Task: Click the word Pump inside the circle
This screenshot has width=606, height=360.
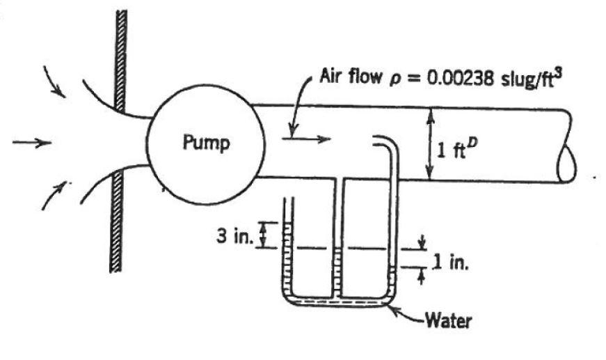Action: click(207, 144)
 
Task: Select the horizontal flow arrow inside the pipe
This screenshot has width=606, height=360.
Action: click(306, 139)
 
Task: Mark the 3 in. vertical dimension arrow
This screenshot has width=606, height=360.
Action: click(263, 235)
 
